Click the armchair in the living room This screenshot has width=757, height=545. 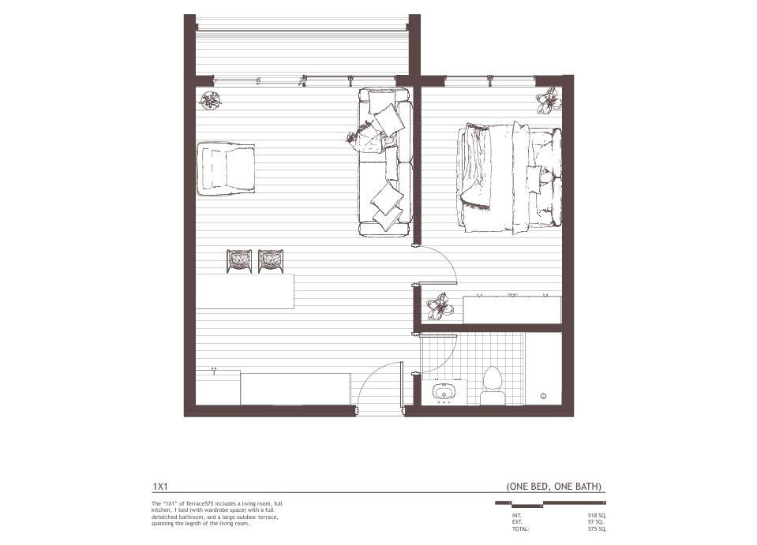click(226, 168)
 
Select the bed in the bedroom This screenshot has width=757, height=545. click(508, 178)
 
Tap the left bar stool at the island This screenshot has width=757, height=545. click(239, 261)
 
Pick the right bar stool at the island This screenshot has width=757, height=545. click(271, 261)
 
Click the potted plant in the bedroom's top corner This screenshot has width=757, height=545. click(548, 100)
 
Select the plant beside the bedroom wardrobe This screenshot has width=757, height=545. click(439, 306)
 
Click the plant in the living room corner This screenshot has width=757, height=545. click(211, 100)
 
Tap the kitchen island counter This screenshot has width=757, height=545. click(245, 291)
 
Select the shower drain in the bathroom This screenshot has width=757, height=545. click(544, 392)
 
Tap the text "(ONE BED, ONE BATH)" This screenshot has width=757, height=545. click(556, 487)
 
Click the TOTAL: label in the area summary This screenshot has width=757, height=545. click(521, 529)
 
